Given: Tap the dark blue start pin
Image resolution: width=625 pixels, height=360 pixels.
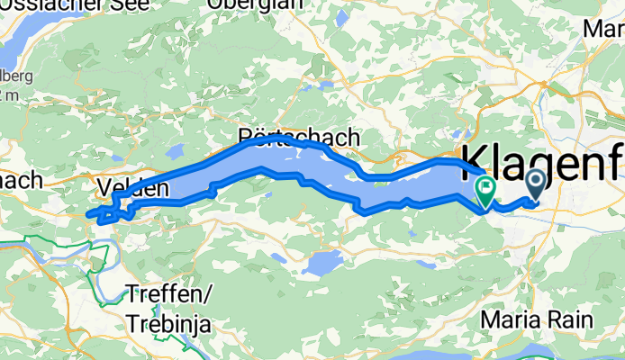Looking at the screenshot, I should [534, 183].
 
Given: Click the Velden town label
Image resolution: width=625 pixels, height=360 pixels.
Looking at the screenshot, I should [131, 189].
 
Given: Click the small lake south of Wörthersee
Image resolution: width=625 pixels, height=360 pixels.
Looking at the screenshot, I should [322, 263].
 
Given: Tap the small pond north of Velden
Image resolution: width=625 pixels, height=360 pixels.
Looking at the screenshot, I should [176, 150].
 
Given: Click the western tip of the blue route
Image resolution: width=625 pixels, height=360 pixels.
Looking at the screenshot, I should [88, 214].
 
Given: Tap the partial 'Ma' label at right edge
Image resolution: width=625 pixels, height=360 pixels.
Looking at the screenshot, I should [604, 30].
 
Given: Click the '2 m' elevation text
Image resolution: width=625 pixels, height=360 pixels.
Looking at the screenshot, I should [8, 94].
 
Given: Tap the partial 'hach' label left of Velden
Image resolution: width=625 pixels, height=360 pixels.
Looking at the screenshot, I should [20, 180].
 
